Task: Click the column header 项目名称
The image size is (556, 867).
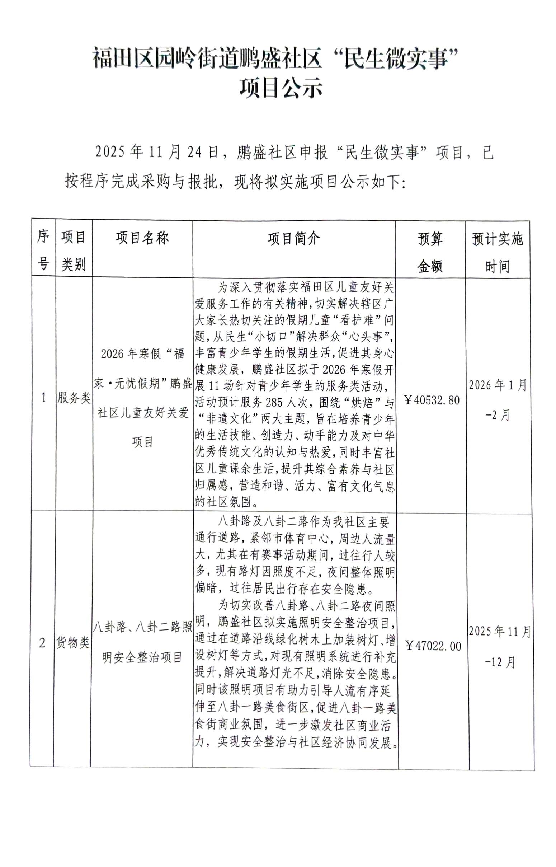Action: click(x=142, y=238)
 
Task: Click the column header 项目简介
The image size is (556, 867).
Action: click(x=293, y=238)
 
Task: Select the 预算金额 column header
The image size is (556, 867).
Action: click(x=430, y=252)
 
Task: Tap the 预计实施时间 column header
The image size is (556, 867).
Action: click(x=497, y=252)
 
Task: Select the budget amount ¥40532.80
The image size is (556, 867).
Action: click(x=432, y=400)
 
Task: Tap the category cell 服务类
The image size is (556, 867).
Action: click(x=74, y=398)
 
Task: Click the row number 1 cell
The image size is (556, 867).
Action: click(x=44, y=398)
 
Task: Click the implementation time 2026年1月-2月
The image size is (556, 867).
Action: click(x=498, y=400)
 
